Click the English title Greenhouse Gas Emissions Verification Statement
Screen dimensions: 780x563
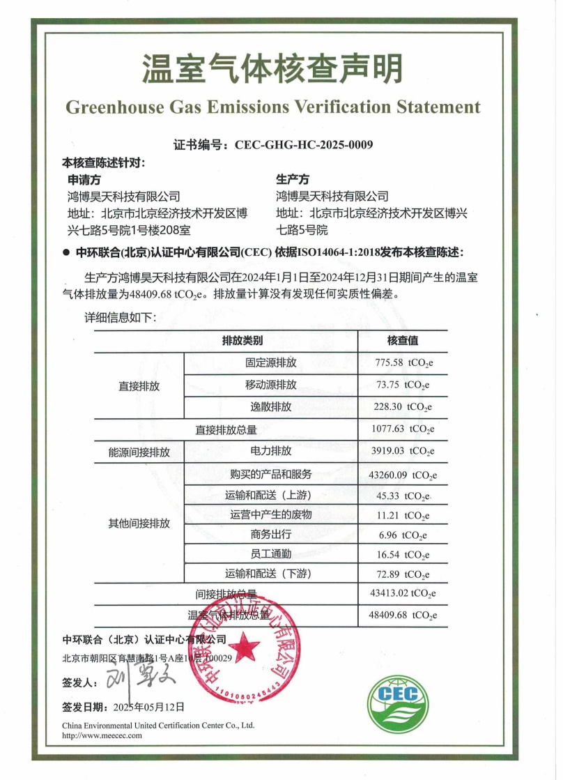(x=272, y=107)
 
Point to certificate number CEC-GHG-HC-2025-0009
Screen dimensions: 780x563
(x=304, y=145)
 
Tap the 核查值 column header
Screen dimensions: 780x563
(x=403, y=341)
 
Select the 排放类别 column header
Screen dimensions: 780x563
(x=242, y=341)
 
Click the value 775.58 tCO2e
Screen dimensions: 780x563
(x=403, y=363)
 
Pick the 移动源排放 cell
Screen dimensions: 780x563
(x=270, y=385)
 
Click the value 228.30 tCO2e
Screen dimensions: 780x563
(x=403, y=407)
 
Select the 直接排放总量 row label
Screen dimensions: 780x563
(x=226, y=429)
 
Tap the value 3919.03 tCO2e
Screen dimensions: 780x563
(x=403, y=452)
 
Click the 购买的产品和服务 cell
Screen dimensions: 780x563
(x=270, y=474)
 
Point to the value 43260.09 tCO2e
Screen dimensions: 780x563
(x=403, y=476)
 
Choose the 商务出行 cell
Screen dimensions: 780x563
(x=270, y=535)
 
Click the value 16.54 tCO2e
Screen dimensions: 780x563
(x=403, y=555)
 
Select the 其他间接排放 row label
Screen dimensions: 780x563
(x=139, y=523)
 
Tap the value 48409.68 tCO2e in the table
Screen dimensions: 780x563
(x=403, y=615)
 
